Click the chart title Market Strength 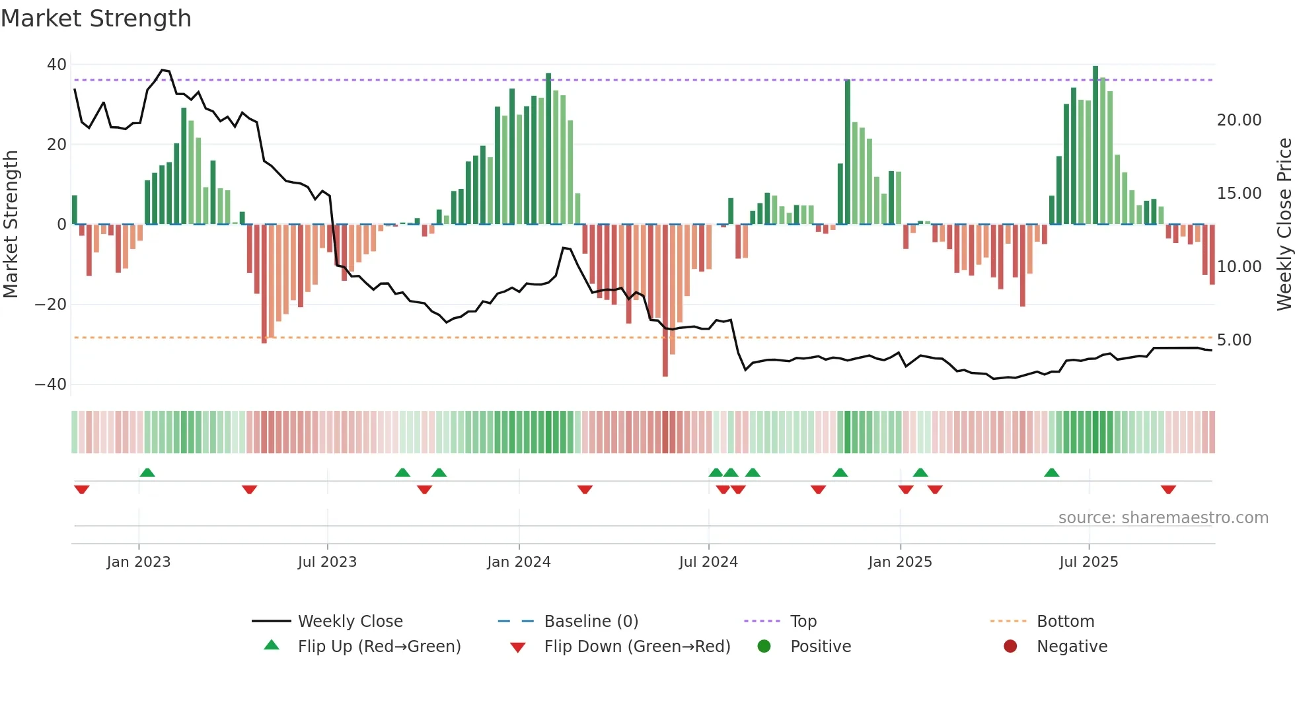(x=96, y=18)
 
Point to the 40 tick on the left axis (x=57, y=65)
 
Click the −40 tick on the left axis (x=51, y=384)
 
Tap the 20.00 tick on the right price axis (x=1239, y=120)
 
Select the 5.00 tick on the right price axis (x=1234, y=340)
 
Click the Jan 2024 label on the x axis (x=519, y=562)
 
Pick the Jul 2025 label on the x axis (x=1088, y=562)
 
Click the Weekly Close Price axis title (x=1284, y=225)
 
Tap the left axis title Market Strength (x=11, y=225)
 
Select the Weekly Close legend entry (x=350, y=622)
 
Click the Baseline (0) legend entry (x=591, y=622)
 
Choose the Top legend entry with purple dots (x=803, y=622)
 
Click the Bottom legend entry (x=1065, y=622)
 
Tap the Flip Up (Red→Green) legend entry (x=379, y=647)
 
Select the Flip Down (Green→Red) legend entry (x=636, y=647)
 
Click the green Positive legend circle (x=764, y=647)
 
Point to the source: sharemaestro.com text (x=1163, y=518)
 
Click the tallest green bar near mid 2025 (x=1095, y=145)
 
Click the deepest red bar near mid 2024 (x=665, y=301)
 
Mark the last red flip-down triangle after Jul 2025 (x=1168, y=490)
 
